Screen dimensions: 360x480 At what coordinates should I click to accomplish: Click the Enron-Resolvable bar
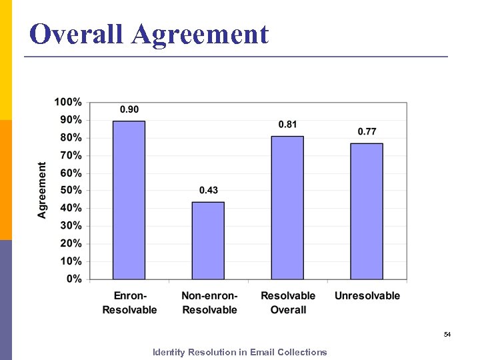click(129, 200)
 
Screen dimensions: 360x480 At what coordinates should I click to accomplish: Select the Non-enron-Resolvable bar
click(208, 241)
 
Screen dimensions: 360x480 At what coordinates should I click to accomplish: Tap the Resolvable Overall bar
click(287, 208)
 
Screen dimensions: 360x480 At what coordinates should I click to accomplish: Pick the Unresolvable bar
click(367, 211)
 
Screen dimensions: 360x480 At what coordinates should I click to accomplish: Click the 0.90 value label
click(129, 109)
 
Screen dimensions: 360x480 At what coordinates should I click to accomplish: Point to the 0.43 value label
click(208, 191)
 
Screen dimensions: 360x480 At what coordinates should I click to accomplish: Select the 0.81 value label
click(288, 125)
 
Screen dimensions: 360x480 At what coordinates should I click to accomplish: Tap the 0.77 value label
click(367, 131)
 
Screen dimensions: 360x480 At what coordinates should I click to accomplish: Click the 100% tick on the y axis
click(68, 103)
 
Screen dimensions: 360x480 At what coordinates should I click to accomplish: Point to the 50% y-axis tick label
click(71, 191)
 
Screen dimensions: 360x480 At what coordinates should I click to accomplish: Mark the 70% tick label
click(71, 155)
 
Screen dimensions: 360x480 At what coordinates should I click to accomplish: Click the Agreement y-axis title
click(43, 190)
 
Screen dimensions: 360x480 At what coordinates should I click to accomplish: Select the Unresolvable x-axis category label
click(367, 296)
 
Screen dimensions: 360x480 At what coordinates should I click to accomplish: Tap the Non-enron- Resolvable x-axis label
click(209, 303)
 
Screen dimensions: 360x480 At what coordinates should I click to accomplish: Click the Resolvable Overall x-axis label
click(288, 303)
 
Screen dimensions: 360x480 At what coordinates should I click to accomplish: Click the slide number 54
click(447, 334)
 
